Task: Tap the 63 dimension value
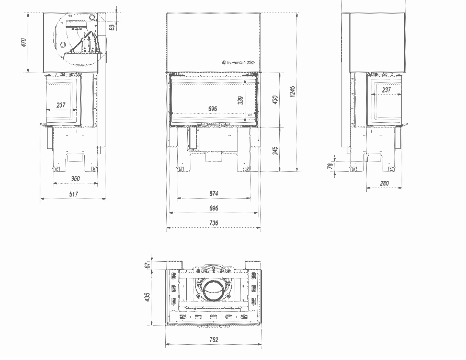[x=112, y=27]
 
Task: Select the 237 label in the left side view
[x=61, y=105]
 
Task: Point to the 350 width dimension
[x=75, y=179]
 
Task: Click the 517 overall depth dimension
[x=73, y=194]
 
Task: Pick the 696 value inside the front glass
[x=213, y=108]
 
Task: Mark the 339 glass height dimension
[x=240, y=100]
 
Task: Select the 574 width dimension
[x=213, y=194]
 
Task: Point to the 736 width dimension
[x=213, y=223]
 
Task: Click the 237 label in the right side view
[x=387, y=90]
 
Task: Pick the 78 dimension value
[x=330, y=166]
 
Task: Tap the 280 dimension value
[x=384, y=183]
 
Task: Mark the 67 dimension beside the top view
[x=148, y=264]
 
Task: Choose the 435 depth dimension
[x=148, y=297]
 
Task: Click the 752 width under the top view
[x=213, y=340]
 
